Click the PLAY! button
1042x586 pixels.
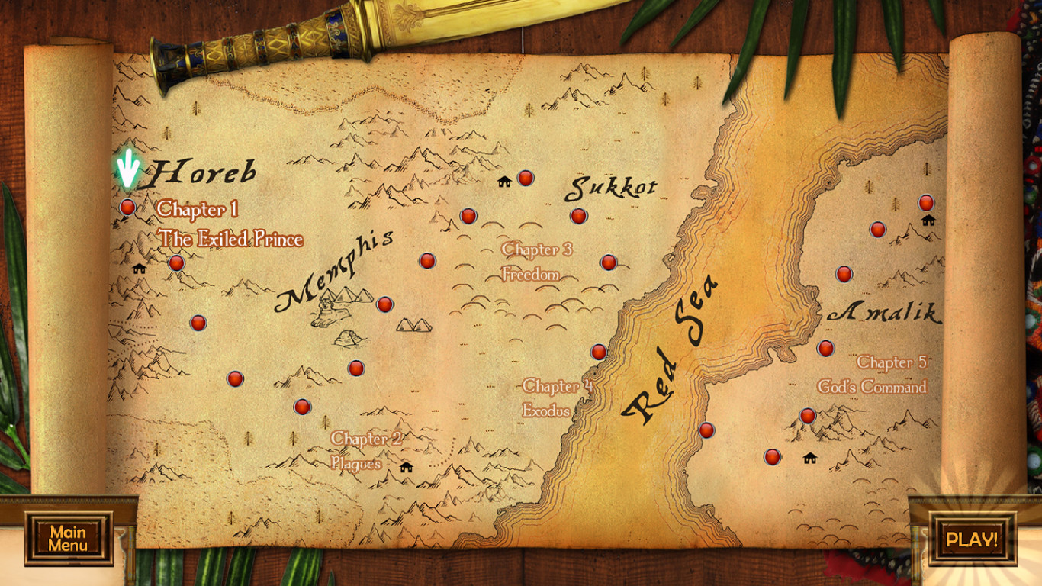pos(972,539)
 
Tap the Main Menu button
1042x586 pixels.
pos(68,539)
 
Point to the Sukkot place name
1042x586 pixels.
pos(610,188)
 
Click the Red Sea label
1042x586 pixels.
pos(669,351)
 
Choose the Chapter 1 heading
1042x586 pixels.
pos(198,209)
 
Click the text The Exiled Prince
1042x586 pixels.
pos(230,239)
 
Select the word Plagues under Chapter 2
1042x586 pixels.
pos(355,463)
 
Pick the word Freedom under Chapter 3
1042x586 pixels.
pos(531,274)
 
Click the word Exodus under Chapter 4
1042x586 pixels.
pos(546,410)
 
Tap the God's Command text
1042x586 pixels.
pos(872,387)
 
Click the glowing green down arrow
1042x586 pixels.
pos(128,169)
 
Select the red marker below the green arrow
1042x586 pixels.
pos(127,207)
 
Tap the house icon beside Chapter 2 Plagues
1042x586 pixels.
pos(406,467)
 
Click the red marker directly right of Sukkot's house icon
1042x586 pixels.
pos(525,178)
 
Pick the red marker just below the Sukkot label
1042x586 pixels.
pos(578,216)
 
